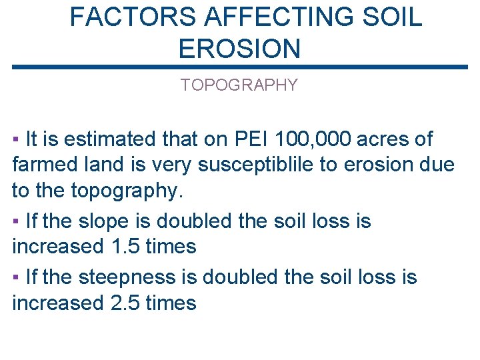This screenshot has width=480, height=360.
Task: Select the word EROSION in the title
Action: (240, 49)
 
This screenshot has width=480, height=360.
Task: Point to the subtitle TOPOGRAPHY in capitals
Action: (239, 85)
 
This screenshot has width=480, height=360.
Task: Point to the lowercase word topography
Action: (124, 191)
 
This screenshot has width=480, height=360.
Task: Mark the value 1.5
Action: (123, 246)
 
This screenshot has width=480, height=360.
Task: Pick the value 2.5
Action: (123, 303)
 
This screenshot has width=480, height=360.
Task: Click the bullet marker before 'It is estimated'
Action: (15, 140)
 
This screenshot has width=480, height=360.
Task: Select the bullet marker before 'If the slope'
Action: (15, 221)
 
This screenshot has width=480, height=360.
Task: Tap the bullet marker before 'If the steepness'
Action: (15, 277)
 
